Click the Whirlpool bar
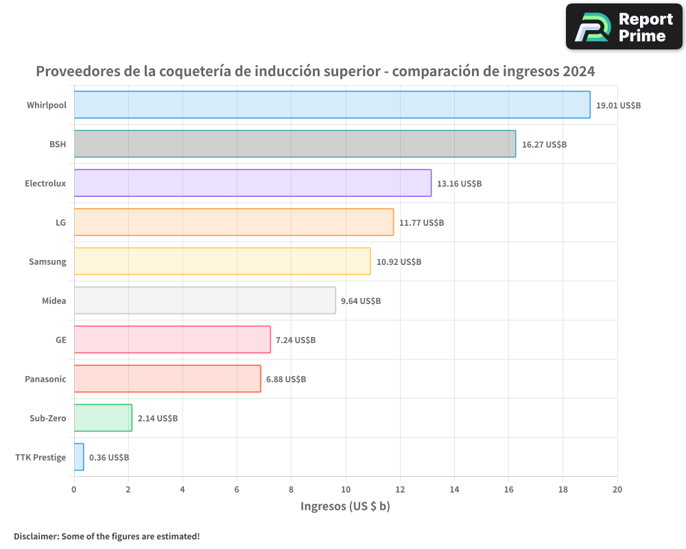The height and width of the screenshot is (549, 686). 332,105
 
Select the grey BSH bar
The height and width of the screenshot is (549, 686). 295,144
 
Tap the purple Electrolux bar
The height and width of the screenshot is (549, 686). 252,183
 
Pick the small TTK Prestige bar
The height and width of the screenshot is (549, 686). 79,457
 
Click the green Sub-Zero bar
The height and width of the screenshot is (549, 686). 103,418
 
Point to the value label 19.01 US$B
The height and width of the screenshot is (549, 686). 618,106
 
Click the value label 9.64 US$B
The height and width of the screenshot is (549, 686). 360,301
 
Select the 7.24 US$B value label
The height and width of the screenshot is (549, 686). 296,340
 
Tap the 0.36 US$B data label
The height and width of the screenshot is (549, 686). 109,458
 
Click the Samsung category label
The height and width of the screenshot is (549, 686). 47,262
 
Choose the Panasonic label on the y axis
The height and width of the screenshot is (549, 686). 45,379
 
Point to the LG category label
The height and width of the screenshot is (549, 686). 61,223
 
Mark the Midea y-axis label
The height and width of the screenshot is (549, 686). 54,301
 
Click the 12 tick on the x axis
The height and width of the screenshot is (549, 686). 400,489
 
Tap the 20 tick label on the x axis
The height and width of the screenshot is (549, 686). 617,489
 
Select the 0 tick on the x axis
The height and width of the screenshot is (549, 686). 74,489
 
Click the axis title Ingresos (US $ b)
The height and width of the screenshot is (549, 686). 345,506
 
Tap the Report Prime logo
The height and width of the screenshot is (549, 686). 624,27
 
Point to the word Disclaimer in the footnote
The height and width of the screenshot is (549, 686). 36,537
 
